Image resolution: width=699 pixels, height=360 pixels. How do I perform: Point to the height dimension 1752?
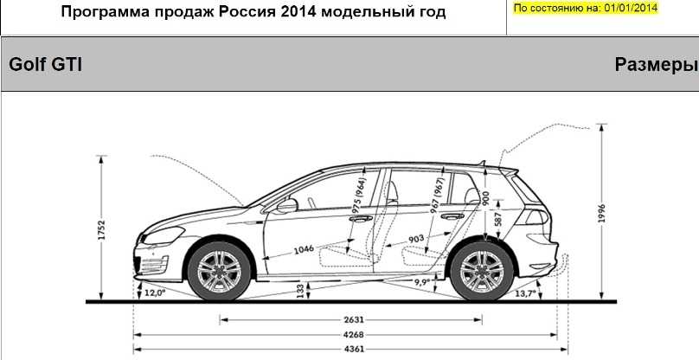(101, 229)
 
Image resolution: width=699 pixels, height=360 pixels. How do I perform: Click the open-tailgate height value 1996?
(602, 215)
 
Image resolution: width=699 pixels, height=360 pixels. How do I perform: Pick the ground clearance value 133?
(301, 291)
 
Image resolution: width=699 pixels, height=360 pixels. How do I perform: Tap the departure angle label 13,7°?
(525, 293)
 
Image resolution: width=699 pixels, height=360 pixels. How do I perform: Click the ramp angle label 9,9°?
(421, 281)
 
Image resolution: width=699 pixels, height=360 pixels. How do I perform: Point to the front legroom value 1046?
(304, 249)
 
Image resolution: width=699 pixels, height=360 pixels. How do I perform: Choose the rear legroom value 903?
(416, 239)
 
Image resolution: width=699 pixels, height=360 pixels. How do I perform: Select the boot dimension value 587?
(498, 220)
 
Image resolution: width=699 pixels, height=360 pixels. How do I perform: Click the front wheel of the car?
(219, 271)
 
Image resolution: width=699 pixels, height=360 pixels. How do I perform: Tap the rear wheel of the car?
(482, 271)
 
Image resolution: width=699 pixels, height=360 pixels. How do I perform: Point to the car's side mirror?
(287, 206)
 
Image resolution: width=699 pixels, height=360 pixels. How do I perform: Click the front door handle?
(361, 218)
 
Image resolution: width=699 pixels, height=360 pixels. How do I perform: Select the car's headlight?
(164, 235)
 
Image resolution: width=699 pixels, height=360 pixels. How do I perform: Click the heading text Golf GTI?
(46, 65)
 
